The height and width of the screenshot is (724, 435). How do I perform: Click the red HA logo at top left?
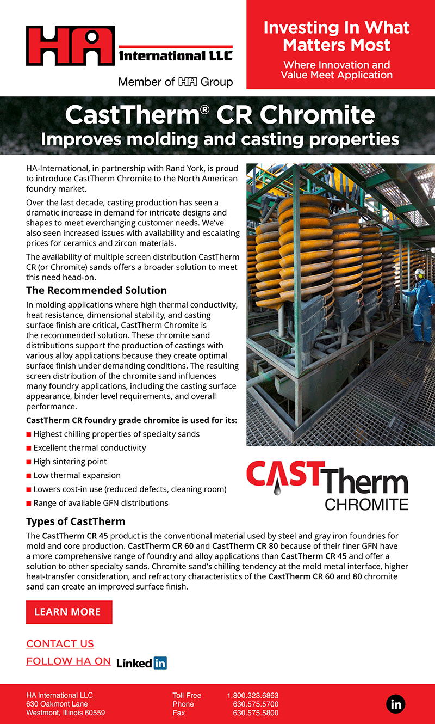(x=70, y=46)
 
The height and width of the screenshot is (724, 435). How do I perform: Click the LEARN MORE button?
(x=69, y=612)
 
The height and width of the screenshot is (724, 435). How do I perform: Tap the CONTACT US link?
(x=60, y=644)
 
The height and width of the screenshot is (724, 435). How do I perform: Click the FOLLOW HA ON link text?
(x=69, y=661)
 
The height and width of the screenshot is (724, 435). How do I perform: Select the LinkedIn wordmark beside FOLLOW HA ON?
(x=141, y=662)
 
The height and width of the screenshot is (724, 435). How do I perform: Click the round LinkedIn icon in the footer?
(x=396, y=704)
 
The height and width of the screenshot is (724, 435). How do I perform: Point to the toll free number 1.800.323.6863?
(x=252, y=695)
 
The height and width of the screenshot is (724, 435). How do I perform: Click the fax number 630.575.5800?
(x=256, y=713)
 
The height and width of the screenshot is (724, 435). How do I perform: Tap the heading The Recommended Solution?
(x=96, y=290)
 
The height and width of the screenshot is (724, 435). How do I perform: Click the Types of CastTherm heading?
(x=76, y=521)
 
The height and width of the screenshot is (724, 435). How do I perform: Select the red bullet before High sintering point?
(x=29, y=462)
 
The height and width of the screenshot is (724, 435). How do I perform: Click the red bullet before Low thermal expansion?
(x=29, y=476)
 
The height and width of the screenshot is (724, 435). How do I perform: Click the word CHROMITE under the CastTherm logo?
(x=366, y=504)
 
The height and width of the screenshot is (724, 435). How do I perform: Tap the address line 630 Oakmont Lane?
(x=57, y=704)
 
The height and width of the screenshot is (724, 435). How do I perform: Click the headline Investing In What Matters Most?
(x=337, y=36)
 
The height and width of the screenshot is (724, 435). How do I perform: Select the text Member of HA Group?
(x=175, y=82)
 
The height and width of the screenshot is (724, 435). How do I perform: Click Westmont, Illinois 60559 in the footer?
(x=65, y=713)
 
